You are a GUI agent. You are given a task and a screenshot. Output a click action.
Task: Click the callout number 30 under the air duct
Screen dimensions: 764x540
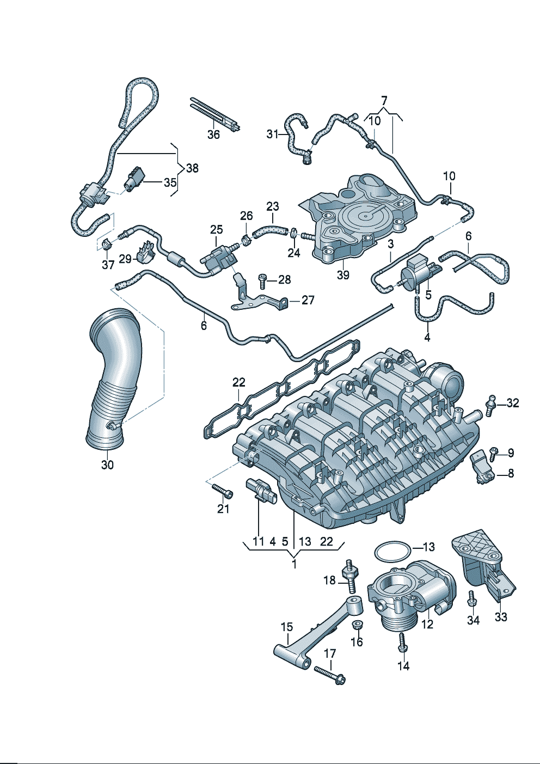(x=107, y=464)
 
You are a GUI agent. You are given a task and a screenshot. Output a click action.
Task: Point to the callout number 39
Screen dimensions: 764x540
(x=342, y=275)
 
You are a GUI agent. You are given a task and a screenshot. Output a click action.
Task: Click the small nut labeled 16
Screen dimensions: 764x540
(x=358, y=625)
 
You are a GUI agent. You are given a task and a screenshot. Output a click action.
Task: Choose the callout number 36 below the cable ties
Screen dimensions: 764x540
(x=213, y=134)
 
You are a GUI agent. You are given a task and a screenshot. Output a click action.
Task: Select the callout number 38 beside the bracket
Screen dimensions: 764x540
(x=192, y=168)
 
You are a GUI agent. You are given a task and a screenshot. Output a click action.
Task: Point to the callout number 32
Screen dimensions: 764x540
(x=512, y=403)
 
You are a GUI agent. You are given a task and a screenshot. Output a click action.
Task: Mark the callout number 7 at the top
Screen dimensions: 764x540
(x=384, y=100)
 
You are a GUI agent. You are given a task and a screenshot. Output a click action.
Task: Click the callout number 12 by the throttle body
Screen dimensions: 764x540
(x=427, y=624)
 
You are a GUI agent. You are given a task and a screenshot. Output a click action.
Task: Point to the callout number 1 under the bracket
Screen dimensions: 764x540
(x=294, y=564)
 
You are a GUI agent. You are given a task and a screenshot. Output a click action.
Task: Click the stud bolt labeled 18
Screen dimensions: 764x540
(x=349, y=577)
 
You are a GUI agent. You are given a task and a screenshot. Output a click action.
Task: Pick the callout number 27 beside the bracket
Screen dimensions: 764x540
(x=308, y=300)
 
